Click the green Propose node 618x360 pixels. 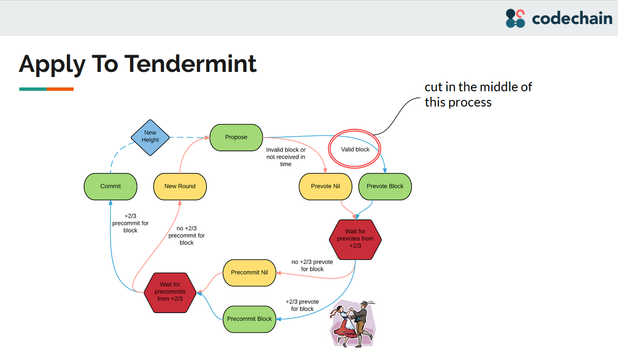coord(236,137)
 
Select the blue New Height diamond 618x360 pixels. coord(150,136)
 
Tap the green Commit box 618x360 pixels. coord(111,186)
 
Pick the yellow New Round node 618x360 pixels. coord(180,186)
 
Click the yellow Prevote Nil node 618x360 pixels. coord(325,186)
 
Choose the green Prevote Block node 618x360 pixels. coord(385,186)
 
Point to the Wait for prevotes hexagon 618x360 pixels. coord(355,239)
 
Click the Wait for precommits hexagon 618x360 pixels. coord(170,292)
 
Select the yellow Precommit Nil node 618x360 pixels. coord(249,272)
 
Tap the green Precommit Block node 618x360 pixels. coord(249,319)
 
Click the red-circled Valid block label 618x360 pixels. coord(355,149)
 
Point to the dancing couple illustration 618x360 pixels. coord(353,323)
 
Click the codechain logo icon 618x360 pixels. coord(515,18)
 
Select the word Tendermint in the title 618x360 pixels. coord(191,64)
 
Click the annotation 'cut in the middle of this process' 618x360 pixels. coord(478,95)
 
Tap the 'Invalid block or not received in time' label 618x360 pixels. coord(286,157)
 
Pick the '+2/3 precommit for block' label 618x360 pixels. coord(131,223)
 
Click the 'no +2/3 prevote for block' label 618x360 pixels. coord(312,265)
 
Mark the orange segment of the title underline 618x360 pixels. coord(60,89)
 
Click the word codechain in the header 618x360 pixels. coord(572,19)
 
